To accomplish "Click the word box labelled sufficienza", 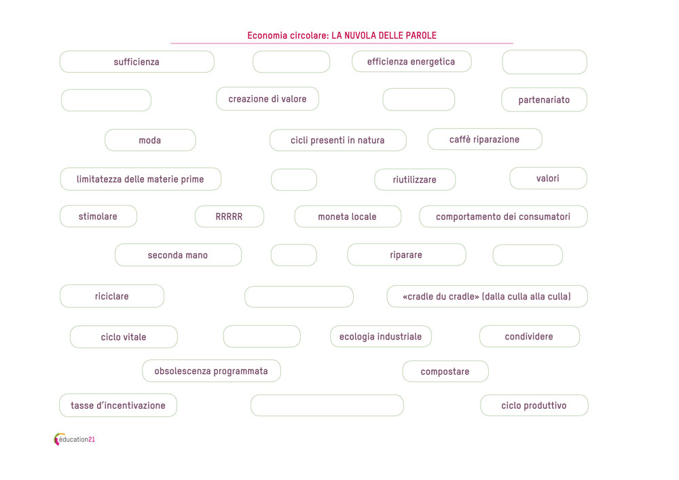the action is click(x=137, y=62).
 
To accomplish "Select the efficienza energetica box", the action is click(x=411, y=62).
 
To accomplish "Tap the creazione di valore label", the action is click(x=268, y=99).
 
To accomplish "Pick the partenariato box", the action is click(x=545, y=100).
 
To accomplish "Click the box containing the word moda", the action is click(x=150, y=141).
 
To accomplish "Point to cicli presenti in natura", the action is click(x=337, y=141).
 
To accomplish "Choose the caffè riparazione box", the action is click(x=485, y=139).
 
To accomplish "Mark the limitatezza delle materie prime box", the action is click(x=141, y=179).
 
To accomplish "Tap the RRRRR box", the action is click(x=229, y=217).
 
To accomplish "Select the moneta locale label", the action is click(x=348, y=217).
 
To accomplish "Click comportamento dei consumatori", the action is click(x=503, y=217).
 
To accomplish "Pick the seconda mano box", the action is click(x=178, y=255).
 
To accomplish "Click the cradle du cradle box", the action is click(x=487, y=297).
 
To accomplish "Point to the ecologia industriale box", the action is click(x=381, y=337).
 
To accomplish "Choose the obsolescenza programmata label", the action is click(x=211, y=371).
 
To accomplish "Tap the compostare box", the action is click(x=445, y=371).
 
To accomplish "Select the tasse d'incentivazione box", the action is click(x=118, y=405).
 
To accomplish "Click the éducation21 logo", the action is click(x=75, y=439).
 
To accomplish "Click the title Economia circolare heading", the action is click(x=342, y=35).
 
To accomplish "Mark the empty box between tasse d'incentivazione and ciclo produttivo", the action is click(x=327, y=405).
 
